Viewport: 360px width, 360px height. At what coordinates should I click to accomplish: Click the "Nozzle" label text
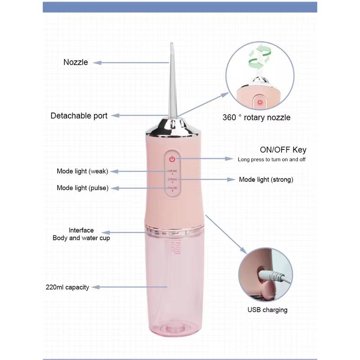tap(76, 62)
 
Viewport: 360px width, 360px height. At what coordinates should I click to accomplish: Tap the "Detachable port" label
tap(79, 116)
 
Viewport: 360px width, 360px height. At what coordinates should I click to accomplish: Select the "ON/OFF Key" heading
tap(283, 150)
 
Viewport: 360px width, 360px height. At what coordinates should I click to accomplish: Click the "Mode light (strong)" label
tap(266, 180)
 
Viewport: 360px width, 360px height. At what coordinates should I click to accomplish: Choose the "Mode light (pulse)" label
tap(82, 188)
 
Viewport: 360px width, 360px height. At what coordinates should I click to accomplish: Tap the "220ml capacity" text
tap(67, 287)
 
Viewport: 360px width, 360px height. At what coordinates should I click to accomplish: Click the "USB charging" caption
tap(267, 310)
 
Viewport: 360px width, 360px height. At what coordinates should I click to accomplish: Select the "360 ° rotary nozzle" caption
tap(256, 117)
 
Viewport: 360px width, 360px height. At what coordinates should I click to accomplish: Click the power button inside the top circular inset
tap(260, 101)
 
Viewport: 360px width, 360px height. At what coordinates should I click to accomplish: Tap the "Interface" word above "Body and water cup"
tap(81, 230)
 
